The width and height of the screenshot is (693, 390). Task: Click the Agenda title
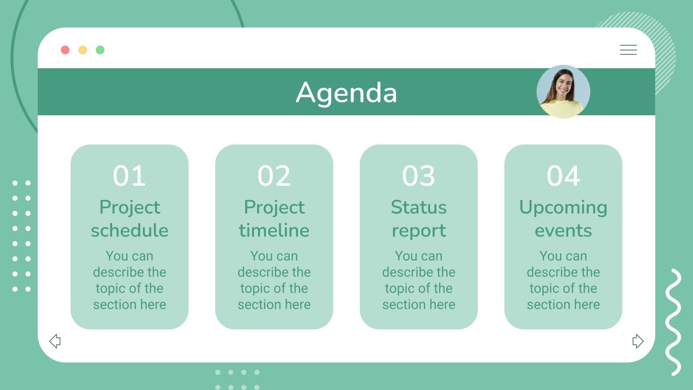(346, 93)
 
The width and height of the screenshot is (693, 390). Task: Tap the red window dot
(65, 50)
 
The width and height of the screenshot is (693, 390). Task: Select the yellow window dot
(83, 50)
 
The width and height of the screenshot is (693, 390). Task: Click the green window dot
(100, 50)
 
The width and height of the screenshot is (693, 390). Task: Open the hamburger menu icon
(628, 50)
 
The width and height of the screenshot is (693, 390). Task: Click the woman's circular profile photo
(563, 92)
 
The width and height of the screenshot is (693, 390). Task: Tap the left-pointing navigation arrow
(55, 341)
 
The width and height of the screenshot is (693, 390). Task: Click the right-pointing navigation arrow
(638, 341)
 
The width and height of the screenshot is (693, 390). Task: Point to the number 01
(129, 176)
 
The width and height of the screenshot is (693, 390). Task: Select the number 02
(274, 176)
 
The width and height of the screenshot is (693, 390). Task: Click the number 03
(418, 176)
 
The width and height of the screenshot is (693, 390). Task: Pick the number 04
(563, 176)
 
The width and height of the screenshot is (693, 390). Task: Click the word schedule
(130, 231)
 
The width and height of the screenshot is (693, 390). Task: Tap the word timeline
(274, 231)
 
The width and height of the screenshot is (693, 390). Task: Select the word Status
(418, 207)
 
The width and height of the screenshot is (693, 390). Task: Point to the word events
(563, 231)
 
